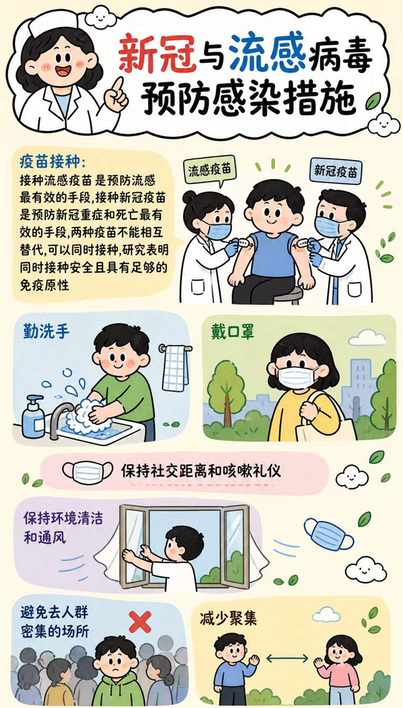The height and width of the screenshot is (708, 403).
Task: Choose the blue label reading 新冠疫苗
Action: click(336, 171)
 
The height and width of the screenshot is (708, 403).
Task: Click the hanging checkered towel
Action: click(175, 368)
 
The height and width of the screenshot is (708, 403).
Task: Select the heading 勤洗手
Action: click(46, 331)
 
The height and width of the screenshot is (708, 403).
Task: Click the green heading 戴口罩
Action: click(233, 332)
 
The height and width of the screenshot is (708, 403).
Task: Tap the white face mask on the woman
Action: click(297, 378)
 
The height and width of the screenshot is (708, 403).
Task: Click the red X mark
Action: click(140, 621)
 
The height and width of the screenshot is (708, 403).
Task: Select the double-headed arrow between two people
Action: click(287, 658)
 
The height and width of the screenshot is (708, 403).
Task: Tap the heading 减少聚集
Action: click(228, 618)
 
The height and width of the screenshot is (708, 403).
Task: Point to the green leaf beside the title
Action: click(373, 101)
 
